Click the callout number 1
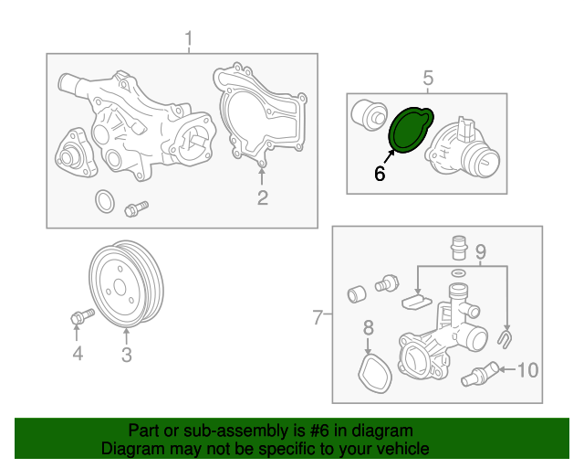(x=189, y=39)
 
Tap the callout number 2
(x=262, y=197)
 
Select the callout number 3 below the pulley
(x=127, y=354)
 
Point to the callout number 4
(x=78, y=354)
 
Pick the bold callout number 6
(x=380, y=173)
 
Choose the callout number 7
(x=318, y=317)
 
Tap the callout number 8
(x=368, y=327)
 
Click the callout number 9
(x=481, y=250)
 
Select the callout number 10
(x=528, y=370)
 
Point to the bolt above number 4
(x=82, y=316)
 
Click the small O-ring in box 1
(x=105, y=201)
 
